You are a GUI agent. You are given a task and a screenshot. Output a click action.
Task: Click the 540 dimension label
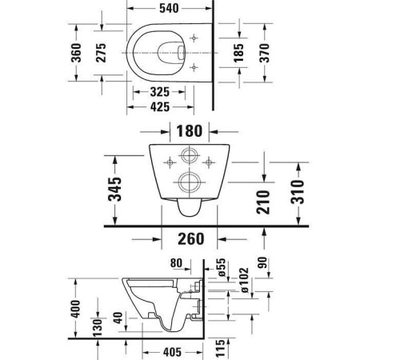pos(169,8)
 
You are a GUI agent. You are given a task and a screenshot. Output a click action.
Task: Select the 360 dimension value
pos(76,53)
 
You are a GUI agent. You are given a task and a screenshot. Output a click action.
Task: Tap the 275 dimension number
pos(101,53)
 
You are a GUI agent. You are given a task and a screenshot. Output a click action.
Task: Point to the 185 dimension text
pos(238,53)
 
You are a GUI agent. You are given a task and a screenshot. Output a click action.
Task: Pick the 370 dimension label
pos(264,53)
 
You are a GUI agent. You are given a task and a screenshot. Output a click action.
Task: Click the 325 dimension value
pos(159,92)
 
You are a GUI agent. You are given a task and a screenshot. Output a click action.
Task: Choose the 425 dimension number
pos(160,107)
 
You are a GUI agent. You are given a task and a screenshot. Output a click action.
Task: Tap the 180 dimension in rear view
pos(190,131)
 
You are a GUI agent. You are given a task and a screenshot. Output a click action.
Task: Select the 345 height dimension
pos(114,189)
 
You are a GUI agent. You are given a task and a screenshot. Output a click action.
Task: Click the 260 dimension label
pos(191,239)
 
